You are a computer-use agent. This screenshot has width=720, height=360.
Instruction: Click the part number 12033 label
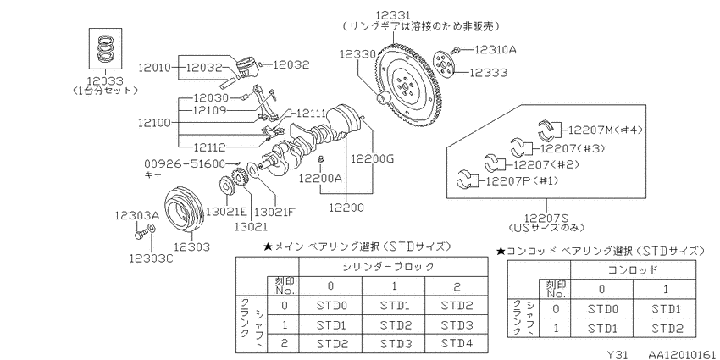coord(106,80)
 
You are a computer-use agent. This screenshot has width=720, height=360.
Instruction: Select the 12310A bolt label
coord(495,49)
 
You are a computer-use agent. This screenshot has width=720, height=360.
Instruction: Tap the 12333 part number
coord(489,73)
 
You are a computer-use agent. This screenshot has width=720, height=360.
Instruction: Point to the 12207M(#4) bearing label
coord(605,130)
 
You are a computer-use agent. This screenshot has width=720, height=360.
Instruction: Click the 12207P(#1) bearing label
coord(519,180)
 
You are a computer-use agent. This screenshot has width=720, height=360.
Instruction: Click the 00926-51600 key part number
coord(185,163)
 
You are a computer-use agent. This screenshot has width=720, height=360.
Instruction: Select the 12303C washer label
coord(151,258)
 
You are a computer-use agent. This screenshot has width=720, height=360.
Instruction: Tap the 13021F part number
coord(274,212)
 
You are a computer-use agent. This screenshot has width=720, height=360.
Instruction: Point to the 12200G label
coord(373,159)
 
